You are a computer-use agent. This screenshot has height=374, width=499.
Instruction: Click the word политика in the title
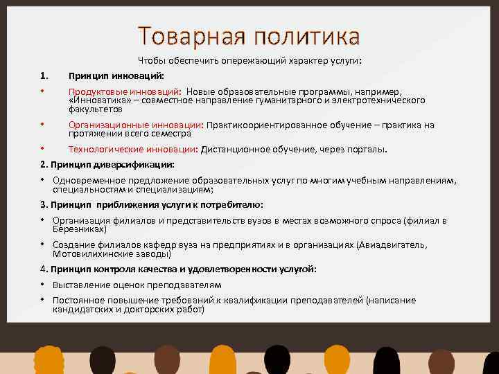click(303, 35)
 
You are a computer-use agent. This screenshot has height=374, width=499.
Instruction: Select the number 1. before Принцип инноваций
click(44, 75)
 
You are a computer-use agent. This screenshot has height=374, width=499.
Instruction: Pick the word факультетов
click(95, 109)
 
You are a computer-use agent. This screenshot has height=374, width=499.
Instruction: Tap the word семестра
click(169, 134)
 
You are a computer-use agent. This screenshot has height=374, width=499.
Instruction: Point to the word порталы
click(368, 150)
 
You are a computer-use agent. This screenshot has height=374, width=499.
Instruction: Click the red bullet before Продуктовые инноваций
click(42, 91)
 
